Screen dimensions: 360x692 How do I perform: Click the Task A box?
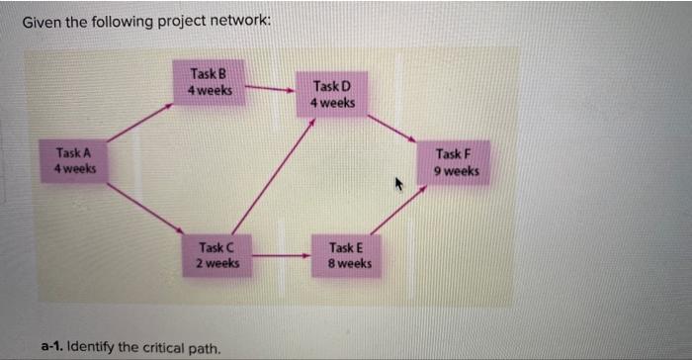(x=75, y=161)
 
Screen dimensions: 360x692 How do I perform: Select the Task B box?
(x=210, y=82)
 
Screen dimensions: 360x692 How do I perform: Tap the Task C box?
(x=216, y=255)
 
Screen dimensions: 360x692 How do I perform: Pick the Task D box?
(x=332, y=95)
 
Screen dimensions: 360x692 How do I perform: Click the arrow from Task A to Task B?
(x=138, y=124)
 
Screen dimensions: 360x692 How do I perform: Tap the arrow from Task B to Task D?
(x=268, y=89)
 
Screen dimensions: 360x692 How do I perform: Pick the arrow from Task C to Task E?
(x=281, y=257)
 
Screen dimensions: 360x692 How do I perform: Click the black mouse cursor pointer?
(x=399, y=184)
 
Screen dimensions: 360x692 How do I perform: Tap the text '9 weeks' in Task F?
(x=456, y=170)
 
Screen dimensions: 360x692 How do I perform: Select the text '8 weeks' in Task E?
(x=351, y=263)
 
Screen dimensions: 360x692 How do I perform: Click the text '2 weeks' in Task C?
(x=216, y=263)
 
